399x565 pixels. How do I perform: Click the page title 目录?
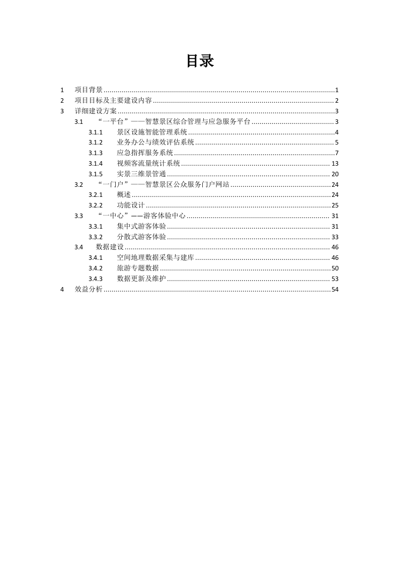[200, 61]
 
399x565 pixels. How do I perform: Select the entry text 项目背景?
[89, 90]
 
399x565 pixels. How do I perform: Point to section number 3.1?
[78, 122]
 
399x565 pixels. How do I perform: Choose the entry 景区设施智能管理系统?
[152, 132]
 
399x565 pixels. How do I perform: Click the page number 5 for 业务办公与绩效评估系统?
[337, 143]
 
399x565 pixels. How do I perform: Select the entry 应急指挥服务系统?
[145, 153]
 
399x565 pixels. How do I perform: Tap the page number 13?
[335, 164]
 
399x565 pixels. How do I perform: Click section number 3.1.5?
[96, 174]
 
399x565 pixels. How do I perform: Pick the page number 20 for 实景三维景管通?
[335, 174]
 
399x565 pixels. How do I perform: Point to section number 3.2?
[78, 184]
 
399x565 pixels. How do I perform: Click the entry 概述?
[124, 195]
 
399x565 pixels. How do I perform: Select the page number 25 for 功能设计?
[335, 205]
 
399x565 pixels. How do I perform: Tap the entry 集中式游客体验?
[141, 226]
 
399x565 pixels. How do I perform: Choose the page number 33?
[335, 237]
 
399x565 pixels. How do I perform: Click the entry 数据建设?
[110, 247]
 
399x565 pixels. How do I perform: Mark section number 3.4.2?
[96, 268]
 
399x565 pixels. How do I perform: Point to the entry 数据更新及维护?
[141, 278]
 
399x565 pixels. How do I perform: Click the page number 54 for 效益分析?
[335, 289]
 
